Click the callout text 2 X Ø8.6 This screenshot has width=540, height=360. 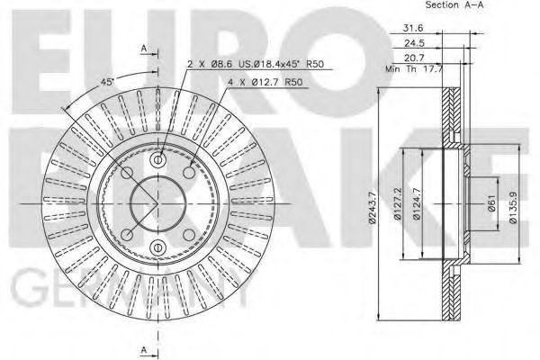coord(211,64)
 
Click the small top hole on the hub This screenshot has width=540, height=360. coord(157,161)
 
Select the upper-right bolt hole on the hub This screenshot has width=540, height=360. coord(189,172)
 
